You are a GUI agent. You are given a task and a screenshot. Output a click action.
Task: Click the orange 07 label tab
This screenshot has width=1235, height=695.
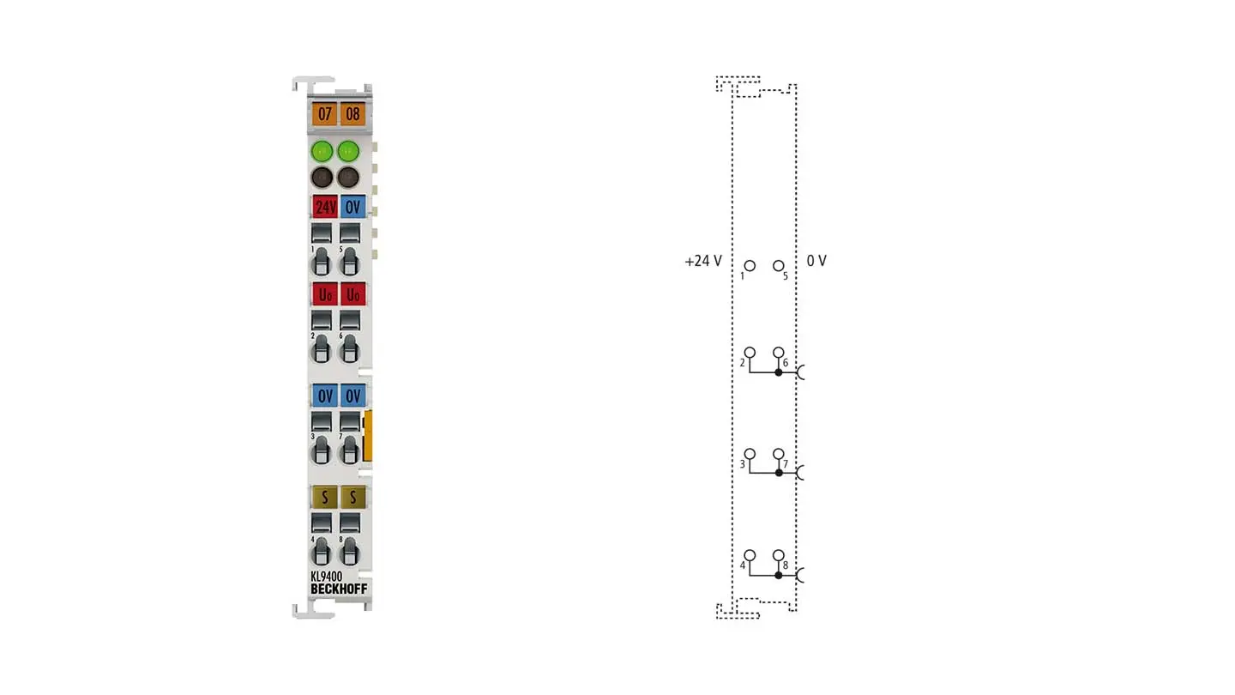pos(324,114)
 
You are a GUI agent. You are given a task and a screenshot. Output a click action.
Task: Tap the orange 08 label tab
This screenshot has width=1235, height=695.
pos(352,114)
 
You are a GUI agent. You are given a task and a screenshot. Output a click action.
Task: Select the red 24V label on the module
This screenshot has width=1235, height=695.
pos(325,207)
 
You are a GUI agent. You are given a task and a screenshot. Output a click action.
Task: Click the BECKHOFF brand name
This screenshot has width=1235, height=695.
pos(339,589)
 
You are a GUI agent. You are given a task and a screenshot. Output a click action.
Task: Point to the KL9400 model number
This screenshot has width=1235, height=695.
pos(327,577)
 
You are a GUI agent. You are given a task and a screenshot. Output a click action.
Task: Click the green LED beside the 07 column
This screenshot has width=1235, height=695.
pos(322,151)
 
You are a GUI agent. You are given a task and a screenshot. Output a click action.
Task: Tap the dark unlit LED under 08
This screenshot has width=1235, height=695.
pos(348,178)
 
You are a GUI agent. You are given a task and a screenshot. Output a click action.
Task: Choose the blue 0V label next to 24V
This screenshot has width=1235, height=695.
pos(352,207)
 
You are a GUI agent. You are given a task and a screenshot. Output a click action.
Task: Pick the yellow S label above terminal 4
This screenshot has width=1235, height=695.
pos(325,498)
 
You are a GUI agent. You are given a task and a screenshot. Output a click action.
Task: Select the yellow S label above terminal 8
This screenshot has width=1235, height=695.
pos(352,498)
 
